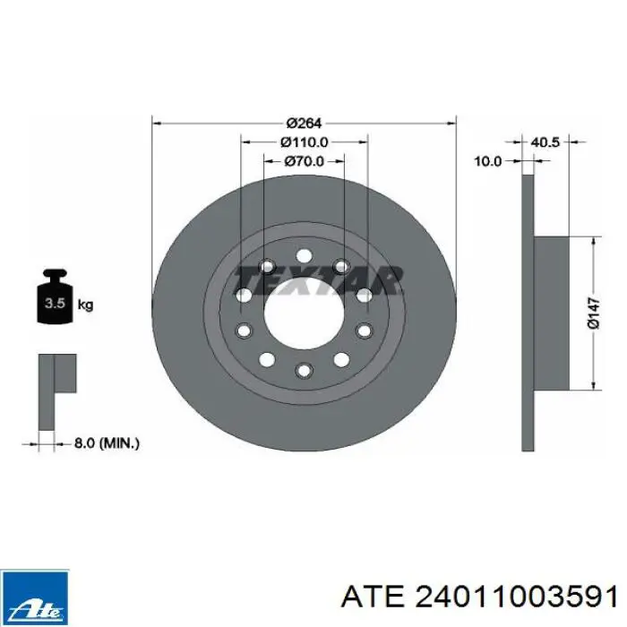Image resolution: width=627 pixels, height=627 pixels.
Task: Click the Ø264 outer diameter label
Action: tap(304, 124)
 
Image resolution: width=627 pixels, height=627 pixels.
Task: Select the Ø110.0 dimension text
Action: tap(305, 142)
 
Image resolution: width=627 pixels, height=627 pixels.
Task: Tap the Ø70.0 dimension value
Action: tap(305, 161)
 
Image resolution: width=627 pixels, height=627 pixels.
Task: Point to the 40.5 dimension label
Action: tap(545, 142)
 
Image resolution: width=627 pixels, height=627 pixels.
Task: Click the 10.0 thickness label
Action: tap(488, 161)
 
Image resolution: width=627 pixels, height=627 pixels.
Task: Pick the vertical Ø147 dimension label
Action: tap(594, 313)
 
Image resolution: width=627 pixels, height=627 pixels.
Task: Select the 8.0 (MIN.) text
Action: tap(107, 443)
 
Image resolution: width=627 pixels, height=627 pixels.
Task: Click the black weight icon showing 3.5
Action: tap(55, 296)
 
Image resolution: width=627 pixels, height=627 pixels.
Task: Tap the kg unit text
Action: tap(85, 305)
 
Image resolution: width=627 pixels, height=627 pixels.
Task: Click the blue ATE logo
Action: tap(35, 597)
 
